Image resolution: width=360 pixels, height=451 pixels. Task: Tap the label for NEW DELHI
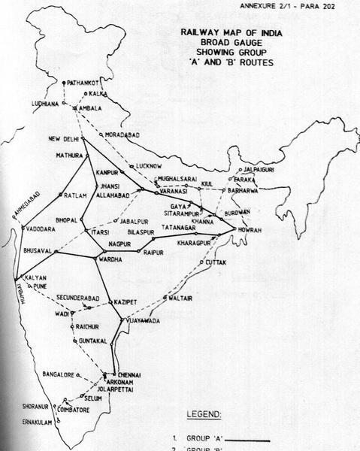[x=64, y=139]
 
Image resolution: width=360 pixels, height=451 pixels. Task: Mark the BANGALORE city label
[x=61, y=373]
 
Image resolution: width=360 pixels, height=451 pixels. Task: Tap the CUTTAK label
[x=214, y=263]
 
